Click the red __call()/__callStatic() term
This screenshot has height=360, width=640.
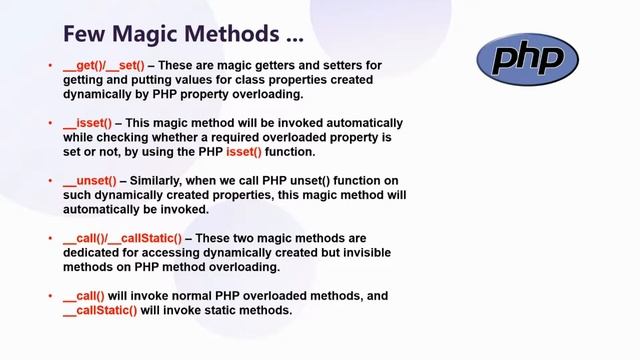coord(121,239)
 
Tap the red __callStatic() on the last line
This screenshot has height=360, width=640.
coord(100,310)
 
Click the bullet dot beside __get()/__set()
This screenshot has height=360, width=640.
coord(51,67)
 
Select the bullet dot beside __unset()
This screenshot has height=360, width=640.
coord(51,182)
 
